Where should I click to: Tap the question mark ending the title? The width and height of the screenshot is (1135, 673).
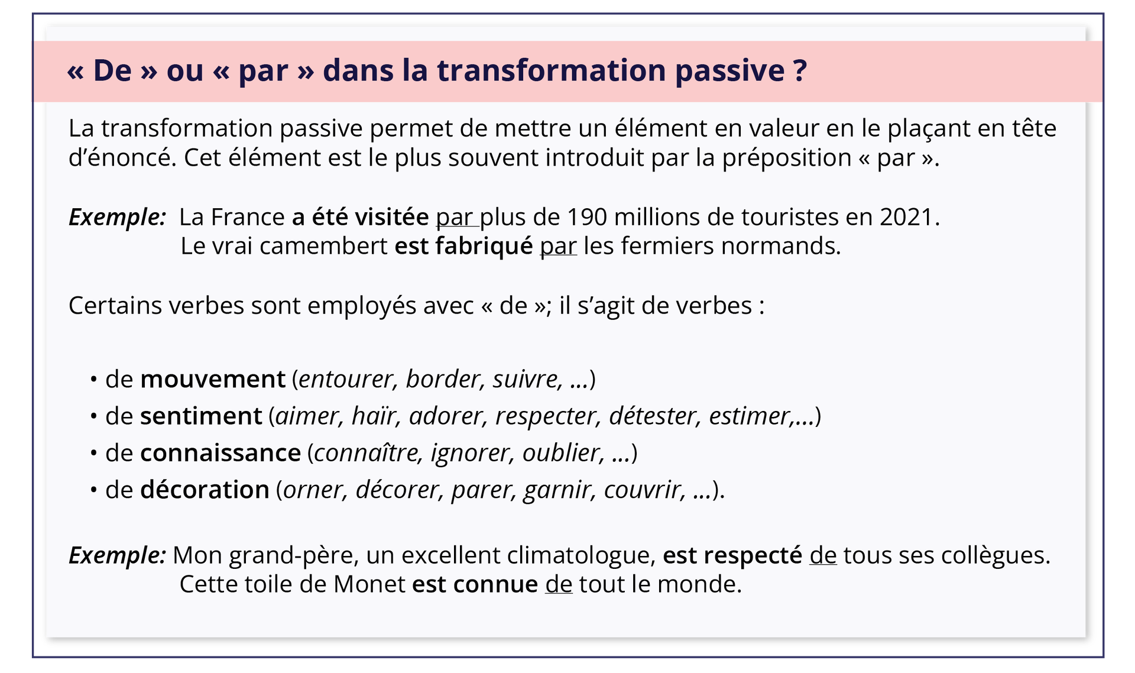[x=800, y=70]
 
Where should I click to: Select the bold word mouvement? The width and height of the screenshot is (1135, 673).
[x=213, y=379]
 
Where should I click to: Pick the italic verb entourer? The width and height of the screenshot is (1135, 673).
[x=346, y=379]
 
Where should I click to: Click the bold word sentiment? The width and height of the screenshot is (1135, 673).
[x=201, y=416]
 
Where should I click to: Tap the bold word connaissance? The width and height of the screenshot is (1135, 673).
[x=220, y=453]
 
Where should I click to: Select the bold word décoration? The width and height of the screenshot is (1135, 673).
[x=205, y=490]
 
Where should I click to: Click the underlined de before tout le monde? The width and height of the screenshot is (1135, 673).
[x=559, y=584]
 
